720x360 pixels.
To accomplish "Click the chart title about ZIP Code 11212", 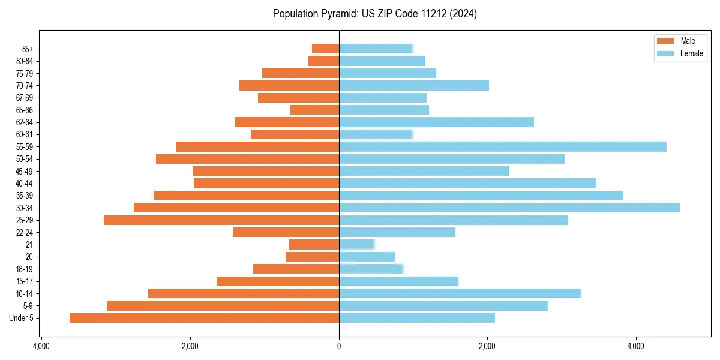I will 375,14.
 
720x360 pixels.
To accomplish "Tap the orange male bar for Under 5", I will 204,318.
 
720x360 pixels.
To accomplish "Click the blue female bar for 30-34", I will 509,208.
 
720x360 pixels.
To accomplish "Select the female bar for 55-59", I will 503,146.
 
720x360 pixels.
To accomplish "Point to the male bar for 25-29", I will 221,220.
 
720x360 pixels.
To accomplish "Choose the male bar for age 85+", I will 325,49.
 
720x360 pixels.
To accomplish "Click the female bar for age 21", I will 356,245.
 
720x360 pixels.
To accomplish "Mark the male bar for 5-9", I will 223,306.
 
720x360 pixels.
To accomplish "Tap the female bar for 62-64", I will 436,122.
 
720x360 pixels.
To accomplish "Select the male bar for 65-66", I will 314,110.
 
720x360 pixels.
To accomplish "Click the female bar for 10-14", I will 460,293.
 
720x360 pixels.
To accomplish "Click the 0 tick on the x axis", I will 339,346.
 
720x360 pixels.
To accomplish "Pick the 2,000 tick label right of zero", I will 487,346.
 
